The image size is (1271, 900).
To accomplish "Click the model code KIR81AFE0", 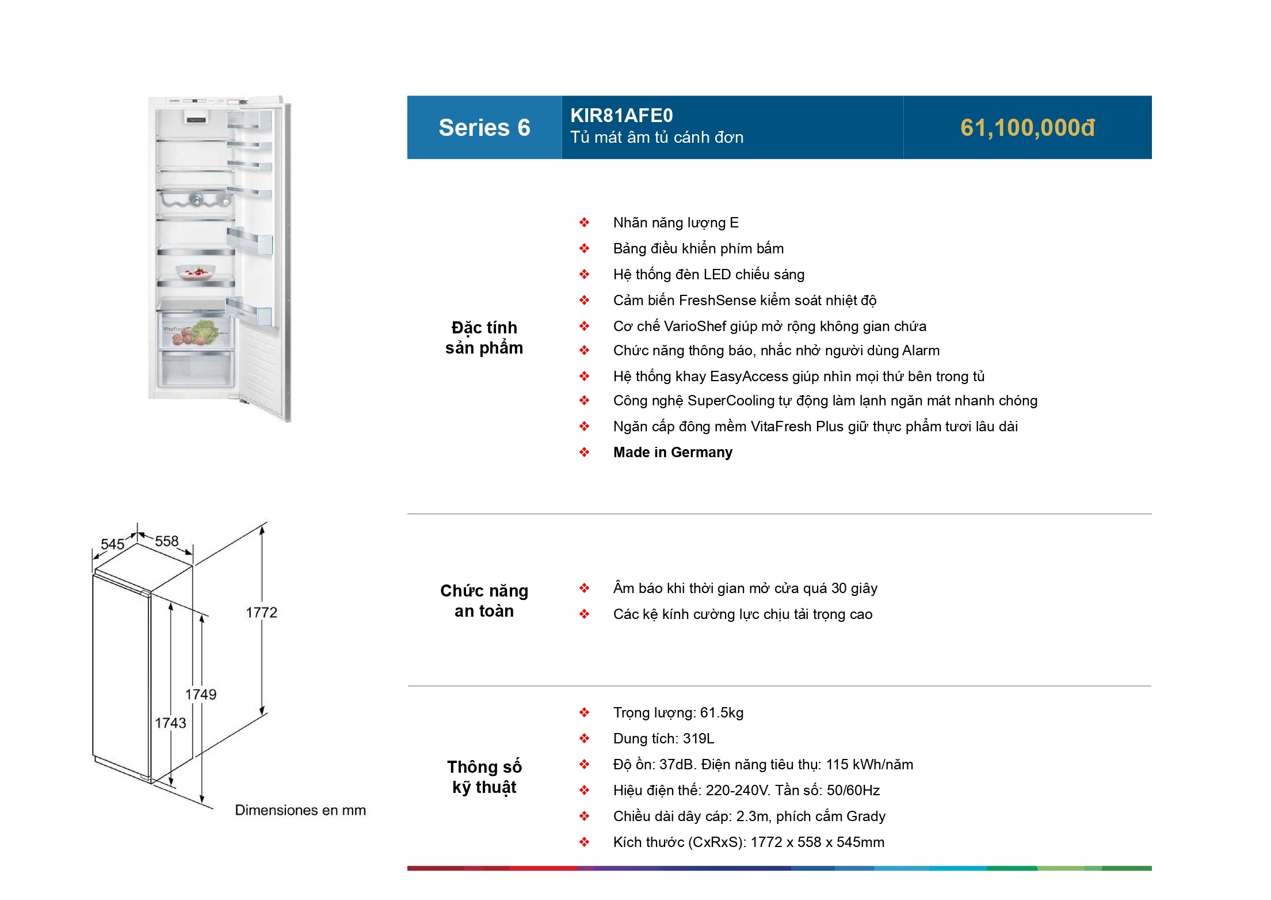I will tap(621, 116).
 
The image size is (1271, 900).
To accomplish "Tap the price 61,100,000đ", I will tap(1027, 128).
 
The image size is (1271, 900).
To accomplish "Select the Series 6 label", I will tap(484, 128).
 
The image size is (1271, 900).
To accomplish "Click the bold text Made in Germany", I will tap(672, 453).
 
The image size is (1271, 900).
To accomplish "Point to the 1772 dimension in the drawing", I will tap(261, 613).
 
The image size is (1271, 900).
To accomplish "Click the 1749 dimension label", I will tap(200, 694).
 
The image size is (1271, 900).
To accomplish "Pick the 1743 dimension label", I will tap(170, 723).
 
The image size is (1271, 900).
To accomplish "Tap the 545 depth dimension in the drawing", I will tap(112, 544).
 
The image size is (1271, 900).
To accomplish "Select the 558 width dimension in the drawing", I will tap(166, 541).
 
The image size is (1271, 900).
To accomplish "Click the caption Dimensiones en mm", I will tap(300, 810).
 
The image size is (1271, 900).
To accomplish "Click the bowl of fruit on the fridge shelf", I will tap(195, 271).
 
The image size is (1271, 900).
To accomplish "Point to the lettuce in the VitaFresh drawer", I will tap(204, 331).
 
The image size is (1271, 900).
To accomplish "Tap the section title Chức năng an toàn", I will tap(484, 601).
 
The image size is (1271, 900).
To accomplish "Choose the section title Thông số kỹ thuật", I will tap(484, 777).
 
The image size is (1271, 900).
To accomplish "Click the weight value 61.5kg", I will tap(722, 713).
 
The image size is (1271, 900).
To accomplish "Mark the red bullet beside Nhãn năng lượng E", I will tap(584, 223).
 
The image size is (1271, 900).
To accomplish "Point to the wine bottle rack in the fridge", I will tap(195, 199).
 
